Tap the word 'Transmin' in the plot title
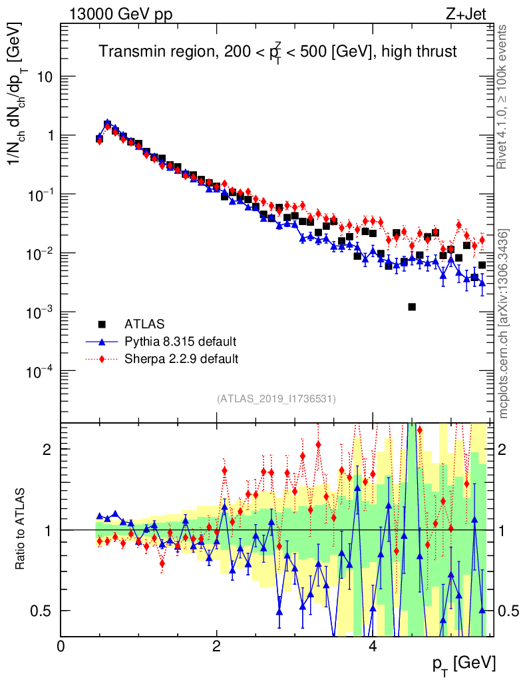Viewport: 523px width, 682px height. tap(127, 52)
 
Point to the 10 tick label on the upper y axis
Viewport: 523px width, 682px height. tap(45, 77)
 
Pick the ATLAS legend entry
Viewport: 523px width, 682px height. tap(143, 324)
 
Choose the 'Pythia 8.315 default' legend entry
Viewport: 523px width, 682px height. tap(180, 342)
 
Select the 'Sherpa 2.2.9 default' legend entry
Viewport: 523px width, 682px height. tap(182, 359)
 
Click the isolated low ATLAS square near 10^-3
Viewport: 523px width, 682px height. tap(412, 307)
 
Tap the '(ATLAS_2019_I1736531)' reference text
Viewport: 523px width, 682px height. tap(276, 399)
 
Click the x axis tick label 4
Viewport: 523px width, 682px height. tap(373, 646)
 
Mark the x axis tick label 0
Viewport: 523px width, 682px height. tap(61, 646)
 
